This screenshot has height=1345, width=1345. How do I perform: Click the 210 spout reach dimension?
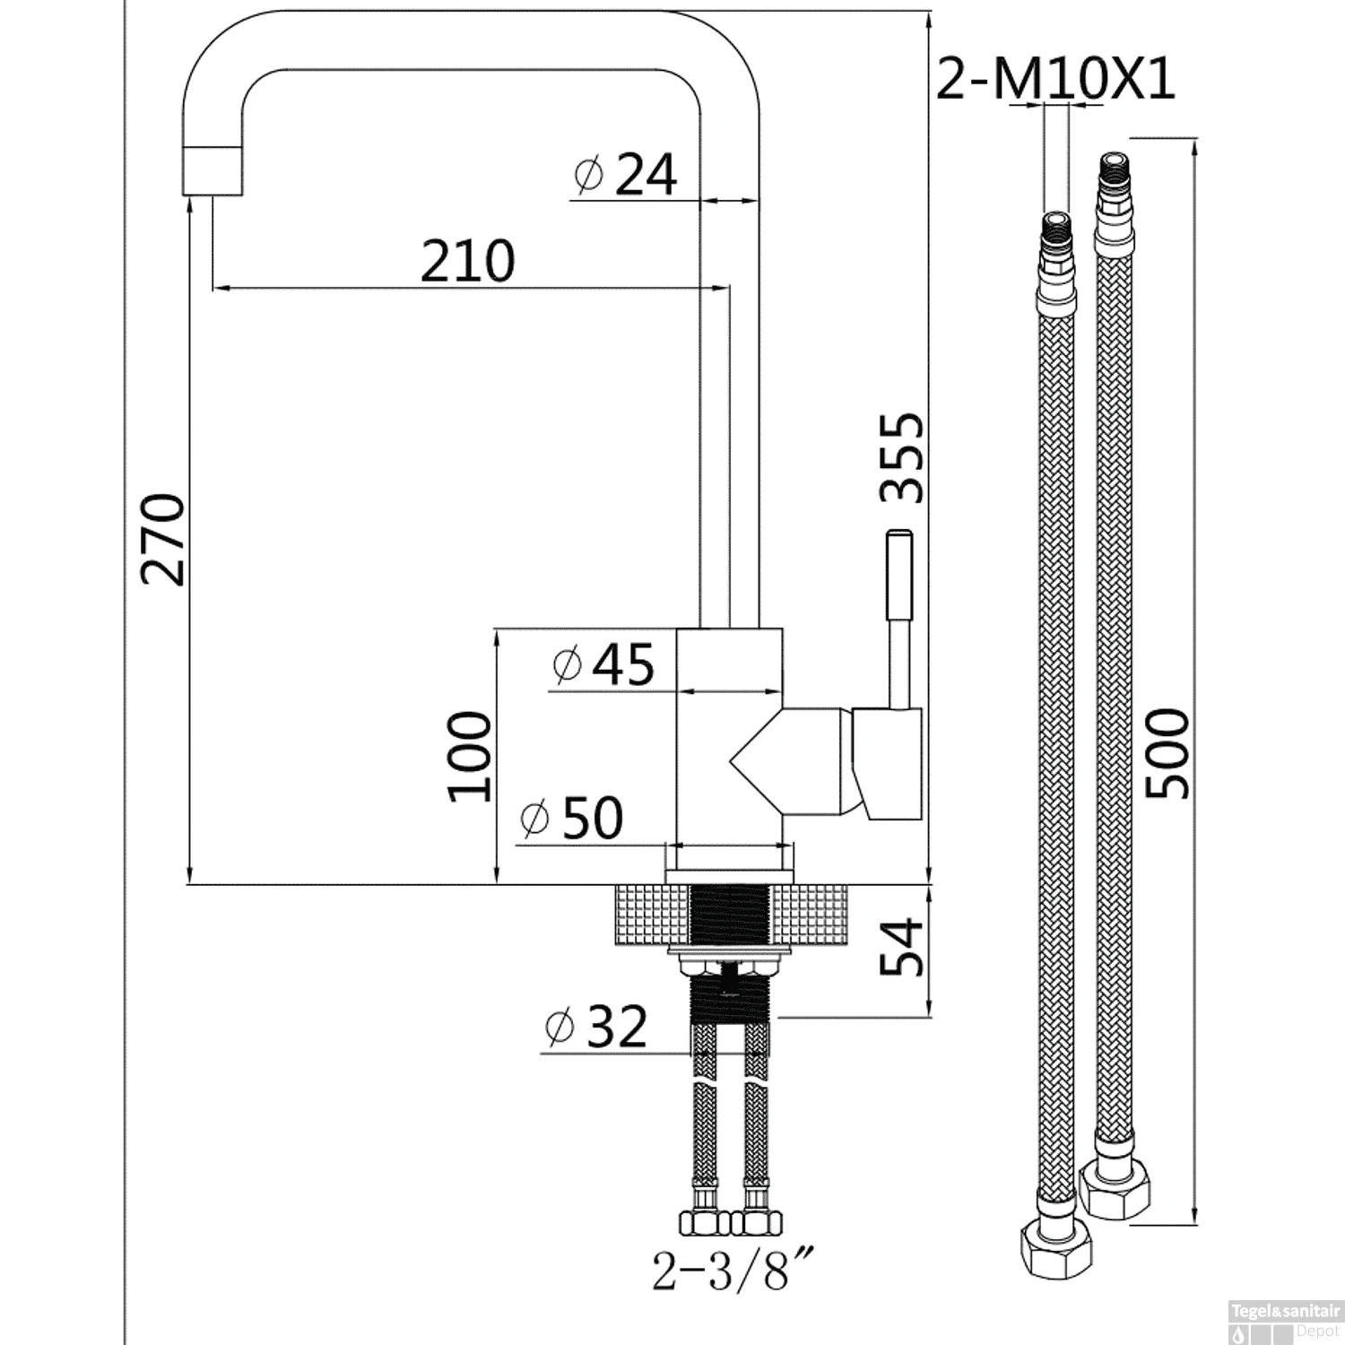(x=467, y=261)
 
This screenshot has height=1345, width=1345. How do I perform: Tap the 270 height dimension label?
(x=162, y=538)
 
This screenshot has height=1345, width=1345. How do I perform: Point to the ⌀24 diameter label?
(x=626, y=174)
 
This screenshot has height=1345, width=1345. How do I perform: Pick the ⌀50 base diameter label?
(x=571, y=818)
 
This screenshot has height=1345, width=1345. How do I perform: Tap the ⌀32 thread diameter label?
(x=595, y=1027)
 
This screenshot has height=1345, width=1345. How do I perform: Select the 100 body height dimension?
(x=470, y=756)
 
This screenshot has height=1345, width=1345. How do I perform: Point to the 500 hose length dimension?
(x=1168, y=753)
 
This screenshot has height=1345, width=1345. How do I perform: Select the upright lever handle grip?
(x=898, y=575)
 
